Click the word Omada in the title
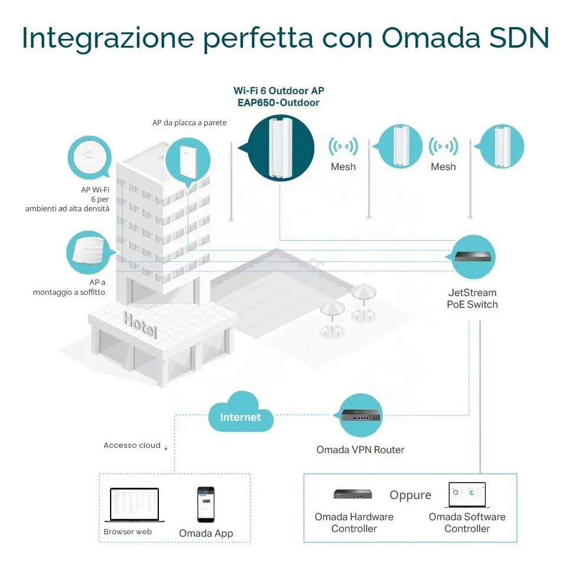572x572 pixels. point(430,37)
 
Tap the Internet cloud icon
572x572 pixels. point(241,412)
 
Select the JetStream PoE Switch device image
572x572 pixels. point(473,257)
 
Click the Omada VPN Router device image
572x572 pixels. point(361,415)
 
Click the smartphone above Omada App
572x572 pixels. point(206,504)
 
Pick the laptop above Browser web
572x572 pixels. point(134,504)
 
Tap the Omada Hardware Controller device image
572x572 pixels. point(352,494)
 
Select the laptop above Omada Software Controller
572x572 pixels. point(467,495)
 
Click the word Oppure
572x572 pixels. point(410,495)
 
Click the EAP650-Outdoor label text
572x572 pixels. point(278,102)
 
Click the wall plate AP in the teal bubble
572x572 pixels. point(188,162)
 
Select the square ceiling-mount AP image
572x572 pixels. point(89,250)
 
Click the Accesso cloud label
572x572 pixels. point(132,445)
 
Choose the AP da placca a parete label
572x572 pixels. point(189,123)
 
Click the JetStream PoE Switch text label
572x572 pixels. point(473,298)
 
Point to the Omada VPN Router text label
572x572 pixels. point(360,450)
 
